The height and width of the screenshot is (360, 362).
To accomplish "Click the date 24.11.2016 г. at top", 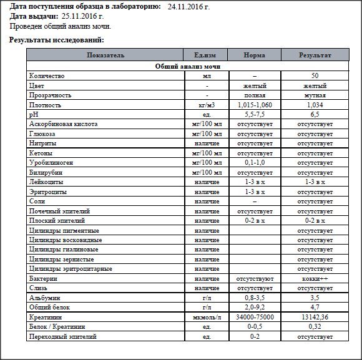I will point(189,6).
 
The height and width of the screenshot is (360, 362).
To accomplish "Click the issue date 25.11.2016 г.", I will point(82,16).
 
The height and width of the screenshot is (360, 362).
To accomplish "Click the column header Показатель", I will point(105,55).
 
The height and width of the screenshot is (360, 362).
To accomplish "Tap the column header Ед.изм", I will point(207,55).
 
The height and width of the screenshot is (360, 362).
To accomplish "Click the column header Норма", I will point(255,55).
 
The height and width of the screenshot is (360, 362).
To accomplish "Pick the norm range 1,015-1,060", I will point(255,105).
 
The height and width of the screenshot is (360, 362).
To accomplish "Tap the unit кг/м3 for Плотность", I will point(207,105).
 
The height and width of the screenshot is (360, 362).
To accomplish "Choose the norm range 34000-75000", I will point(255,318).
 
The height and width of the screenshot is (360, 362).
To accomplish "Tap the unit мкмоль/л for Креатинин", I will point(207,318).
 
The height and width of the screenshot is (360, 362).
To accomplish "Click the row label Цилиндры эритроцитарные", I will point(71,269).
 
